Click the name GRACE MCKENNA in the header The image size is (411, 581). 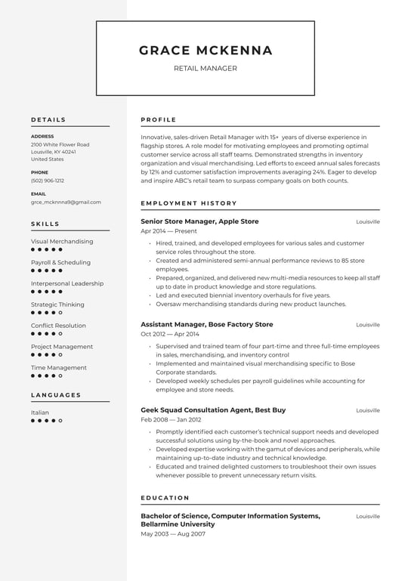coord(205,51)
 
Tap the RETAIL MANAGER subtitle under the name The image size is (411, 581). coord(205,69)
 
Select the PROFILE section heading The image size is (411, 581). coord(159,119)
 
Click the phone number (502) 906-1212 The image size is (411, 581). coord(48,181)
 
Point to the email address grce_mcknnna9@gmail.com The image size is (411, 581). coord(66,202)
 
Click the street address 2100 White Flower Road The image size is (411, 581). coord(60,144)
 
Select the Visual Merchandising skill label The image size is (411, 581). coord(62,242)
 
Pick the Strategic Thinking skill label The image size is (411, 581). coord(57,304)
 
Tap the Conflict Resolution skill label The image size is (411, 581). coord(58,326)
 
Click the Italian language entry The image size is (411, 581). coord(40,413)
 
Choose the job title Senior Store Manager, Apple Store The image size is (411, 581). coord(199,221)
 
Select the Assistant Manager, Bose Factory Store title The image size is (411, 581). coord(207,324)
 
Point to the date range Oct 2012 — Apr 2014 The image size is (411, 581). coord(170,334)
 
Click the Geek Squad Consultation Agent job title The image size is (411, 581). coord(213,409)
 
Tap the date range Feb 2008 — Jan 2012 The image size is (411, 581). coord(171,419)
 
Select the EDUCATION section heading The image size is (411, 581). coord(165,498)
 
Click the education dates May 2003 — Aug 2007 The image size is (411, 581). coord(173,534)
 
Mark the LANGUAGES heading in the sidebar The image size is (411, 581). coord(56,395)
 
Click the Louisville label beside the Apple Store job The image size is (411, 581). coord(368,222)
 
